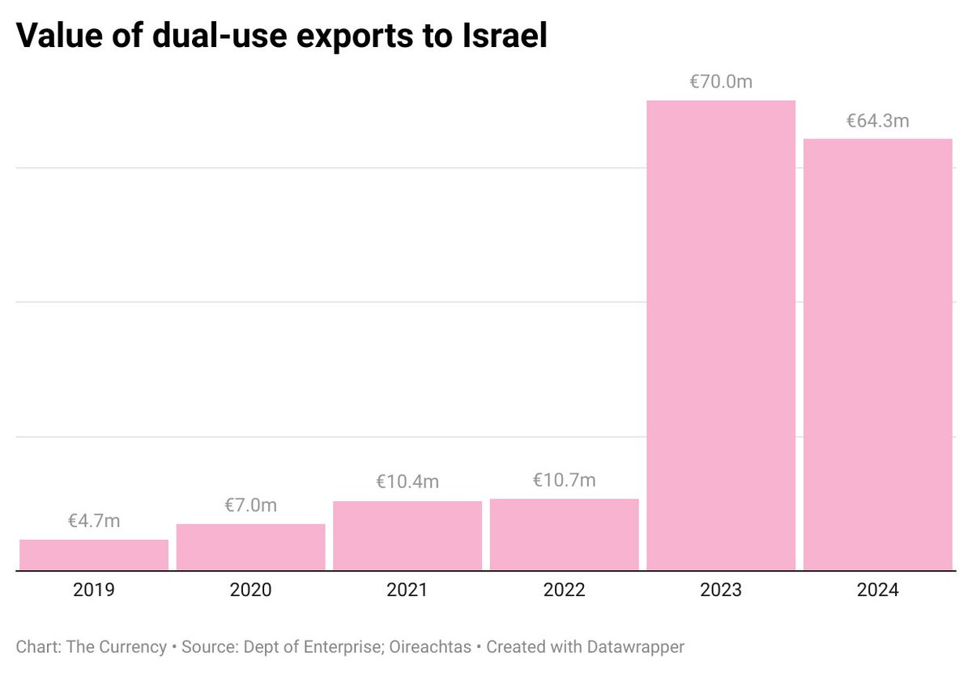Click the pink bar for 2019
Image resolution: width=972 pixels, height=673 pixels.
(94, 555)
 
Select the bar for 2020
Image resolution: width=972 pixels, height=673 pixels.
(250, 547)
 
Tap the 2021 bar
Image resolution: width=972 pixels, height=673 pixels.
(407, 535)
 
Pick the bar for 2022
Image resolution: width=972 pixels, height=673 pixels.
(565, 534)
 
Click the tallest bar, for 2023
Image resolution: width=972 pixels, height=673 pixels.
(721, 336)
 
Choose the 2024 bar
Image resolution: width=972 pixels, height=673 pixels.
(878, 354)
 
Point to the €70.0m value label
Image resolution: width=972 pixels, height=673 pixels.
(721, 82)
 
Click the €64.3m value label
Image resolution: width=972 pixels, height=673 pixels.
(878, 121)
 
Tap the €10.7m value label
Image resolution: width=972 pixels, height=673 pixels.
(565, 480)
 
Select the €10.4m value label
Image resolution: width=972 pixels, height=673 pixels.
(407, 482)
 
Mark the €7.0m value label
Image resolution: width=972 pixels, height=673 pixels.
(250, 505)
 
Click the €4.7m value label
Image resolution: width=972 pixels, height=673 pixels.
(94, 521)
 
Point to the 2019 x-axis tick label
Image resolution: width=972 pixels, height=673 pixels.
(94, 590)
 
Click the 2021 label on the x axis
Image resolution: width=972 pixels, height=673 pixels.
(407, 590)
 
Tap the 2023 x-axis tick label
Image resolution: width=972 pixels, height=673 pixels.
(721, 590)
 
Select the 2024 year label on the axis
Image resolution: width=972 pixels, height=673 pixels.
(878, 590)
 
